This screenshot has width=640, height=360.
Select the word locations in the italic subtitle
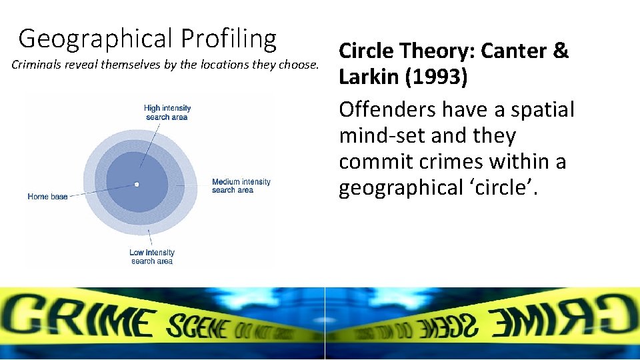click(237, 65)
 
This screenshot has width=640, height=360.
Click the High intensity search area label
click(167, 112)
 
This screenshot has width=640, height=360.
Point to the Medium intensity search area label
click(241, 186)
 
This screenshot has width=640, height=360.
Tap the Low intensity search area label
click(152, 257)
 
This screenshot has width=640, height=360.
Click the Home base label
click(47, 197)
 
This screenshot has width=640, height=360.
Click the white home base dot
click(136, 184)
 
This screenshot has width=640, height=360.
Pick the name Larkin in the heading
click(367, 77)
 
